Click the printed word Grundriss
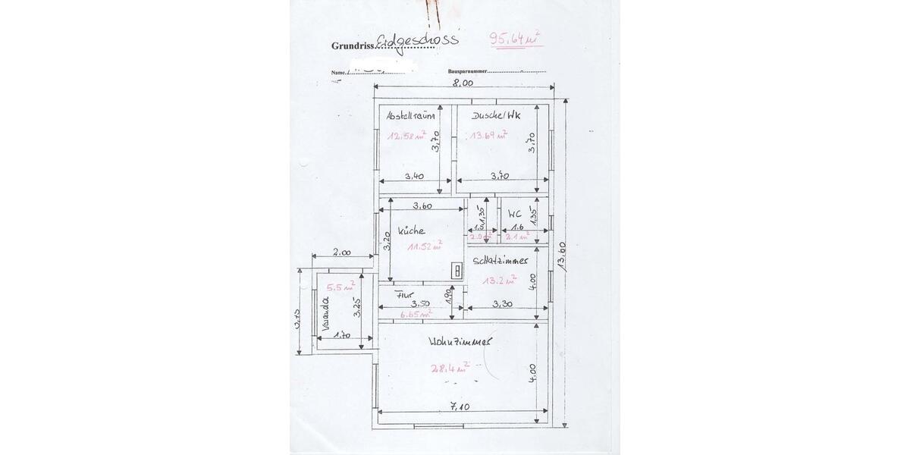pyautogui.click(x=353, y=45)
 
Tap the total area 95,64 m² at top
pyautogui.click(x=516, y=38)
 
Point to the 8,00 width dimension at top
pyautogui.click(x=463, y=83)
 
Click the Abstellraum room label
pyautogui.click(x=410, y=116)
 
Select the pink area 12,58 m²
pyautogui.click(x=407, y=136)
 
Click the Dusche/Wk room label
pyautogui.click(x=496, y=116)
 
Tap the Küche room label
pyautogui.click(x=411, y=231)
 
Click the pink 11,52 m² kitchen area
pyautogui.click(x=425, y=246)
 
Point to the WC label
pyautogui.click(x=516, y=215)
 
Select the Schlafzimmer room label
pyautogui.click(x=500, y=260)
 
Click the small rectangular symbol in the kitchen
pyautogui.click(x=457, y=271)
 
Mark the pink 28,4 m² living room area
pyautogui.click(x=450, y=369)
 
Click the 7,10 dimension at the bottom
pyautogui.click(x=460, y=406)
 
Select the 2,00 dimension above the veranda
pyautogui.click(x=342, y=254)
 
